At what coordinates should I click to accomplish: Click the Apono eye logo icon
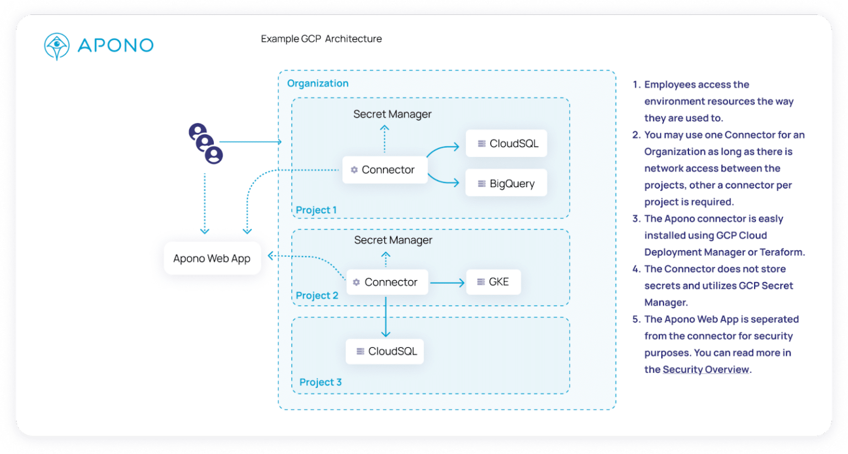tap(56, 46)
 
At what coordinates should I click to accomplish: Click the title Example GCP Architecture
tap(321, 39)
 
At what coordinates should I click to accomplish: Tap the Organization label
tap(317, 83)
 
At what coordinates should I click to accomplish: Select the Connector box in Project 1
tap(385, 170)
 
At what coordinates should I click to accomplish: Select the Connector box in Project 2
tap(387, 282)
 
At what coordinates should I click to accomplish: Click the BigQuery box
tap(506, 183)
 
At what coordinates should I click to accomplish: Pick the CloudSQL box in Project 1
tap(506, 144)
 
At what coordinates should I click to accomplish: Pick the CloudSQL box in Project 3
tap(385, 351)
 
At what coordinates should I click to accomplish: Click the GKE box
tap(493, 282)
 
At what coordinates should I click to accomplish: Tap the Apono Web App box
tap(212, 258)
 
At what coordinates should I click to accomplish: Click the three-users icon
tap(205, 144)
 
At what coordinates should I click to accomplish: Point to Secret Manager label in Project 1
tap(392, 114)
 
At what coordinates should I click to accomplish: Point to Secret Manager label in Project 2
tap(393, 240)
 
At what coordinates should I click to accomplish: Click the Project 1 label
tap(316, 210)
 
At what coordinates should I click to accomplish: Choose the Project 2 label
tap(317, 295)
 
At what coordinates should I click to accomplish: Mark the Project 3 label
tap(320, 382)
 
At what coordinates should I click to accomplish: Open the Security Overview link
tap(706, 369)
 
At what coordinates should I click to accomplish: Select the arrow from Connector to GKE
tap(447, 283)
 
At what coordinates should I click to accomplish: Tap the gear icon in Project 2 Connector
tap(357, 282)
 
